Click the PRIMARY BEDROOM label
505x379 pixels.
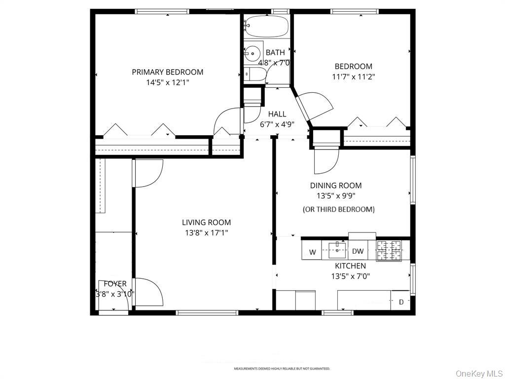[167, 72]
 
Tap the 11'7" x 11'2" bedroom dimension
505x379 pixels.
[353, 77]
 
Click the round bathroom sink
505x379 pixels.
[253, 52]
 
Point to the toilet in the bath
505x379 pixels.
[255, 75]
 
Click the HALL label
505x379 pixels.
[277, 114]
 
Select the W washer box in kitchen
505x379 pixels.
[312, 252]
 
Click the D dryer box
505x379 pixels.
[401, 302]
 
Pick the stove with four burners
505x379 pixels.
[390, 251]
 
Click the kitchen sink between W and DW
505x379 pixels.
[337, 250]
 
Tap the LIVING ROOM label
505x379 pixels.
[206, 223]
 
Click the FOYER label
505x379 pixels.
[115, 284]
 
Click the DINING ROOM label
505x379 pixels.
[335, 186]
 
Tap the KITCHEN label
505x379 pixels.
[350, 266]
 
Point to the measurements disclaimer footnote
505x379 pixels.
[282, 369]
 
